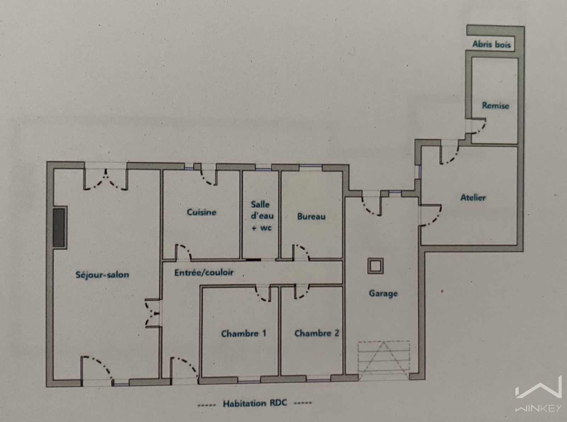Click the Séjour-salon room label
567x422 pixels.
[102, 275]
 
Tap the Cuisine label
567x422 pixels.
[201, 212]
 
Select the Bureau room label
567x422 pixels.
[311, 216]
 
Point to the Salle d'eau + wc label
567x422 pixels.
[262, 216]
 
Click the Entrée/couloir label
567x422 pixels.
[204, 272]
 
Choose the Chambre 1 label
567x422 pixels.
[243, 333]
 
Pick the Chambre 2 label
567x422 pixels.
[317, 333]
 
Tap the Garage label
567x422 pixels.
[383, 293]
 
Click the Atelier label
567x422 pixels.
[473, 197]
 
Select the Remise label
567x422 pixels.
[495, 105]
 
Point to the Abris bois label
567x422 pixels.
[491, 44]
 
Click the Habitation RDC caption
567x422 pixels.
[255, 403]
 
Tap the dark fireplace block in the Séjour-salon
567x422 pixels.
[59, 228]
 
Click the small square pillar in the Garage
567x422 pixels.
[375, 266]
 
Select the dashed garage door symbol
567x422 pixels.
[384, 360]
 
